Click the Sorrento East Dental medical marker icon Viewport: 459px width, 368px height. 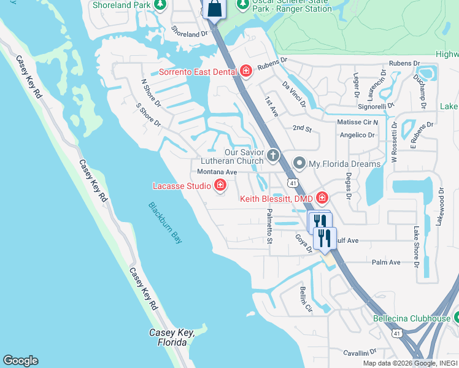(246, 72)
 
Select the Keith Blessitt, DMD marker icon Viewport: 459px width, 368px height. (322, 198)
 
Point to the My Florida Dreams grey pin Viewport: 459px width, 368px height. (299, 163)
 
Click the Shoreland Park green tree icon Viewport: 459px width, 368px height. (160, 6)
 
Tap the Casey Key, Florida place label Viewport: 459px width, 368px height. (172, 337)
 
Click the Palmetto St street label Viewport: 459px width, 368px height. (269, 226)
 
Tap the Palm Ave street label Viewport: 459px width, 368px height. (386, 262)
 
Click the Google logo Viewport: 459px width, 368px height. (20, 361)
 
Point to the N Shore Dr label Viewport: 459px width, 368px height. (150, 92)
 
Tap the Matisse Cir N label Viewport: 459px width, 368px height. (358, 122)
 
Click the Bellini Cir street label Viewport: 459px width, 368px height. (306, 300)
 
